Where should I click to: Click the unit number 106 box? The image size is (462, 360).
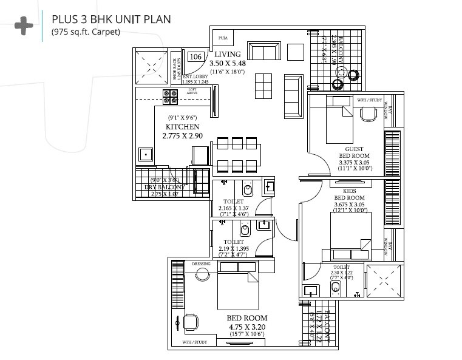[195, 56]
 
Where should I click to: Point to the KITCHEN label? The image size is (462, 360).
[182, 127]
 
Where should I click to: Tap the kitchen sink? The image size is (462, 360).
[146, 154]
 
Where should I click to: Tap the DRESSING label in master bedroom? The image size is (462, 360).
[200, 264]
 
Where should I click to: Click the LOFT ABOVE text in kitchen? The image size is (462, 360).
[192, 90]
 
